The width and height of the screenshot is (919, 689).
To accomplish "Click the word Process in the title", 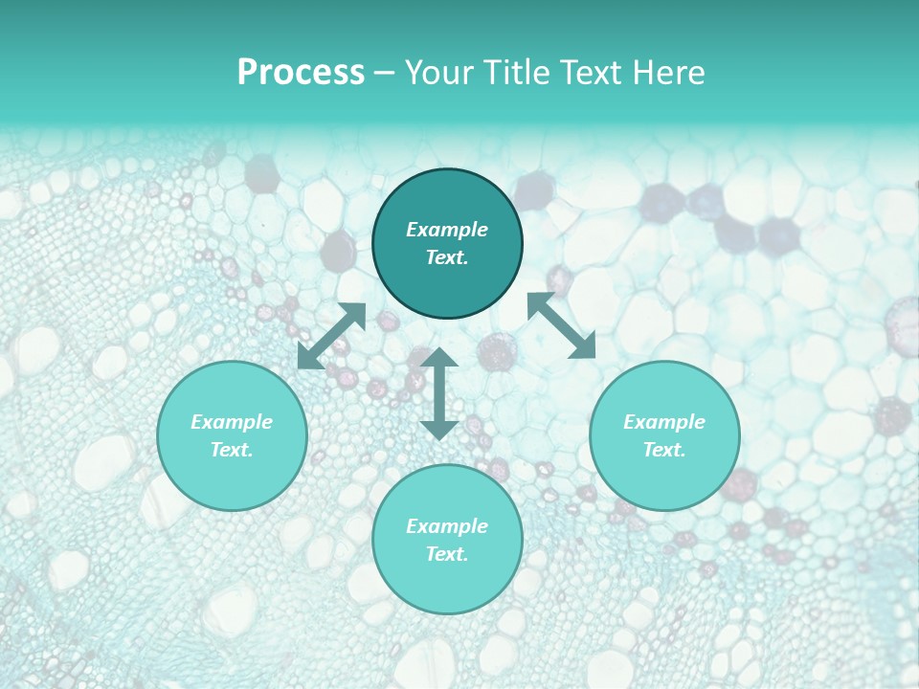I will click(x=301, y=73).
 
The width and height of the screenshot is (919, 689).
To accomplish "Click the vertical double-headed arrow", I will click(x=439, y=393).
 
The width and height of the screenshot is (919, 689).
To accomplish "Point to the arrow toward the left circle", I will click(x=331, y=336).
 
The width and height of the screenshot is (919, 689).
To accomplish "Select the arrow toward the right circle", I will click(x=562, y=325).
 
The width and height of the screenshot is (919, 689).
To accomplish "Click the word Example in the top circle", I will click(x=447, y=230).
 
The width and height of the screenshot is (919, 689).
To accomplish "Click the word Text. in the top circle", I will click(x=447, y=257).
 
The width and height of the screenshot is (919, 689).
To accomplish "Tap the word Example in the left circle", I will click(x=232, y=422).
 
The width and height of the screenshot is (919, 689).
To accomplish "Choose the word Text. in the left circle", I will click(x=232, y=450).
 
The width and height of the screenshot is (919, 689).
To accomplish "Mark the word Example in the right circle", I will click(x=664, y=422).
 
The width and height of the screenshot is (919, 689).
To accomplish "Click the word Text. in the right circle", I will click(x=664, y=450).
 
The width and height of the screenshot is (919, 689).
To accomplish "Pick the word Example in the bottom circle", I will click(x=447, y=526).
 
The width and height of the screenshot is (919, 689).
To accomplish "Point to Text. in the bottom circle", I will click(x=447, y=554).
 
